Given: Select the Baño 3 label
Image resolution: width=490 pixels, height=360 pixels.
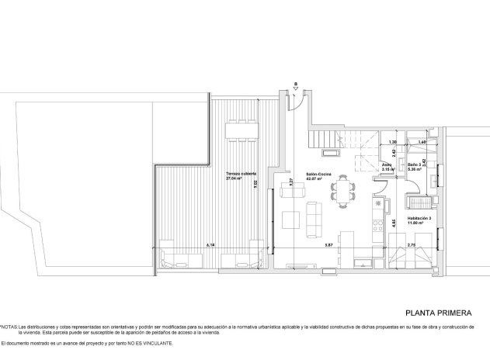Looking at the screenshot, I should point(415,164).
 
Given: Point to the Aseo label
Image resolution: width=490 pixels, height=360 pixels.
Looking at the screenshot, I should point(387,164).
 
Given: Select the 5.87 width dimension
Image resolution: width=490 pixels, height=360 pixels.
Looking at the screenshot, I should point(328,244).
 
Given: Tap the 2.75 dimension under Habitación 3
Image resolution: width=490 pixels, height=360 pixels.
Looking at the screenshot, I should point(412,244).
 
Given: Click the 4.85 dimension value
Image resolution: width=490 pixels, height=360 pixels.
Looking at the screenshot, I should point(394,223).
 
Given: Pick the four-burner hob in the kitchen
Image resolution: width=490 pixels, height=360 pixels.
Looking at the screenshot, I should point(378,226).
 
